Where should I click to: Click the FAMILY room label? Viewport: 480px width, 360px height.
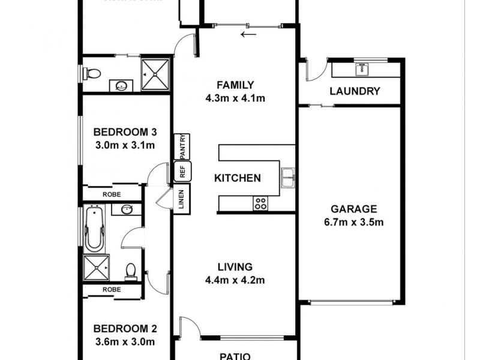(x=236, y=85)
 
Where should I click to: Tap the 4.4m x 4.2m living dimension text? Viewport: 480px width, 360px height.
(x=236, y=279)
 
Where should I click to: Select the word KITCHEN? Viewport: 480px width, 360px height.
(x=238, y=178)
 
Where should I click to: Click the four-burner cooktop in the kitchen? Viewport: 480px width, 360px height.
(x=261, y=203)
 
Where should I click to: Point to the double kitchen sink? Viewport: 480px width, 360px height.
(x=288, y=178)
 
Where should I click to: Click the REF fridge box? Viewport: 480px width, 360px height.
(x=182, y=172)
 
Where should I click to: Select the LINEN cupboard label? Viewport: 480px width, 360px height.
(x=182, y=199)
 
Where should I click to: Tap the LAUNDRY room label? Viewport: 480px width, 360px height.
(x=355, y=92)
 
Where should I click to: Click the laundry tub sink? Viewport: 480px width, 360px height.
(x=362, y=69)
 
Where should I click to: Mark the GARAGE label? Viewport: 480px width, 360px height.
(x=354, y=209)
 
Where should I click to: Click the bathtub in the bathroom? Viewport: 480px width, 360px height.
(x=95, y=228)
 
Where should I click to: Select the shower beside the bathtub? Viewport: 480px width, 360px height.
(x=96, y=267)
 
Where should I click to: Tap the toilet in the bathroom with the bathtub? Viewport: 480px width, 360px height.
(x=130, y=272)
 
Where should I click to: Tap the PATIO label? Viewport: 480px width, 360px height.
(x=236, y=355)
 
